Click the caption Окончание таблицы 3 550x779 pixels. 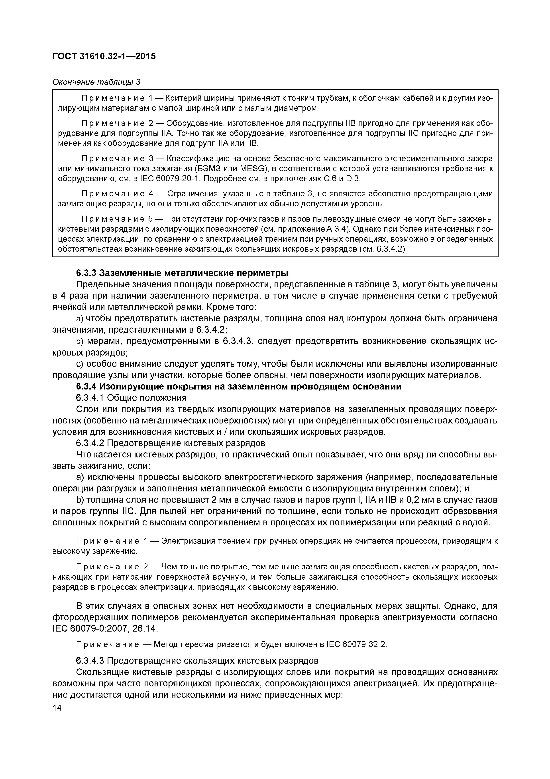click(96, 82)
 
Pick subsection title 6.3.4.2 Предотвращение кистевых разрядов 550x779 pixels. click(171, 443)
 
